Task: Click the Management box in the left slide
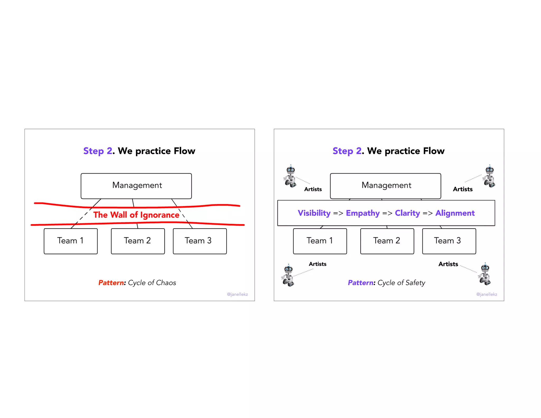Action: tap(136, 186)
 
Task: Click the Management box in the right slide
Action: tap(386, 186)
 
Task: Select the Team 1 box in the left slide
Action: tap(71, 241)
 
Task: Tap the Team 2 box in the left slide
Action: tap(138, 241)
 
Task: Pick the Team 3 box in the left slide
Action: tap(200, 241)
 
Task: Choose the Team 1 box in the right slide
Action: tap(320, 241)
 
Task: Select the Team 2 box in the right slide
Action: tap(387, 241)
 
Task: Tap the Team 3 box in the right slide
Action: tap(449, 241)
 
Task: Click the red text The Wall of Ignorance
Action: tap(136, 215)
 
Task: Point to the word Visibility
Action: tap(314, 213)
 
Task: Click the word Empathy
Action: tap(363, 213)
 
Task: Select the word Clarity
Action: tap(407, 213)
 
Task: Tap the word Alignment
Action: tap(455, 213)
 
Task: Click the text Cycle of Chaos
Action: tap(152, 283)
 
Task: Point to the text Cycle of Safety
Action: tap(401, 283)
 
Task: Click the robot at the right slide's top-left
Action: tap(290, 176)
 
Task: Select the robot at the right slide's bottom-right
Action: tap(484, 274)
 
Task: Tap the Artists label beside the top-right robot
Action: tap(463, 189)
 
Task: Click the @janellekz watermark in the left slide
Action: tap(237, 294)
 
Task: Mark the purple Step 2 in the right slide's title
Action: tap(347, 151)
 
